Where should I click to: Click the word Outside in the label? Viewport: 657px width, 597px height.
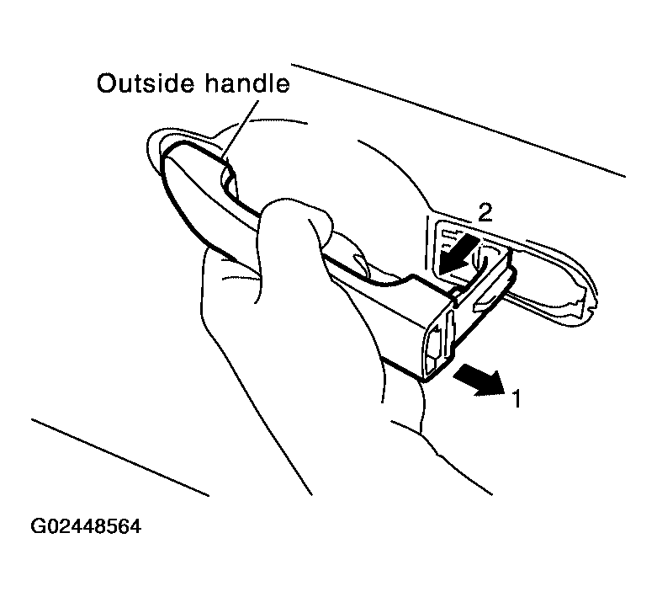[x=146, y=83]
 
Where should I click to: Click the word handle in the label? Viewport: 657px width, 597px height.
[x=247, y=83]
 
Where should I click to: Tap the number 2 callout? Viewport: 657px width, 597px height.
[x=485, y=213]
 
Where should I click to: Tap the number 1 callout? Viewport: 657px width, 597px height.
[x=517, y=398]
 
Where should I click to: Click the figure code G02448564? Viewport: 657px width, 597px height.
[x=86, y=526]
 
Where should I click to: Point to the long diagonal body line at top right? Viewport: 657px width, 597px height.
[x=458, y=120]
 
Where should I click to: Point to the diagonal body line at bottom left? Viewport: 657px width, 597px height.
[x=120, y=457]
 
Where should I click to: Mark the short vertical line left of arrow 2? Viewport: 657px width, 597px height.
[x=428, y=243]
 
